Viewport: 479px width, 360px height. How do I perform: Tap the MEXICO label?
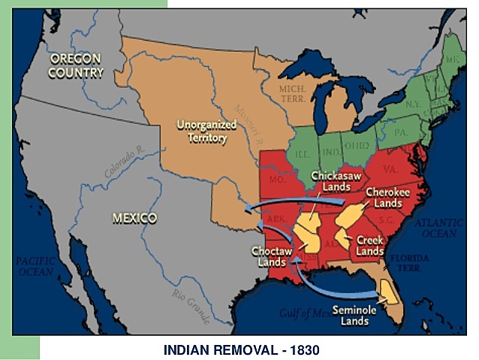click(x=134, y=218)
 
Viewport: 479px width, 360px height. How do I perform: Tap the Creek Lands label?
click(x=370, y=246)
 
